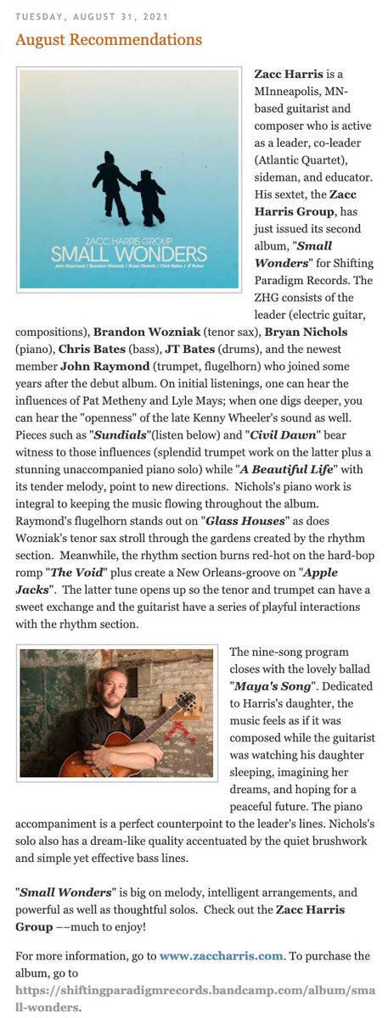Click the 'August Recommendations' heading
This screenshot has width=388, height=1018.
click(109, 40)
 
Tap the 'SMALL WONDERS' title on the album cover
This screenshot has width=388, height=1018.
click(128, 253)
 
